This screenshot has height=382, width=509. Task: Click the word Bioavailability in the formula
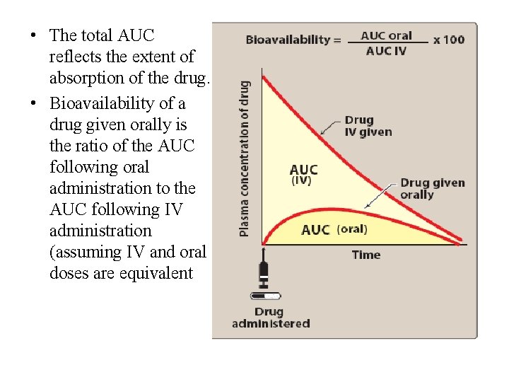point(288,40)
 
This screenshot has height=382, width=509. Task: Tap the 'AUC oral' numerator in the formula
point(386,35)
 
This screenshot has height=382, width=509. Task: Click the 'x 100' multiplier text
point(450,40)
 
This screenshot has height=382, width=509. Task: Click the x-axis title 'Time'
point(366,255)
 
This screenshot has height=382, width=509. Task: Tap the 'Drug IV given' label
point(368,126)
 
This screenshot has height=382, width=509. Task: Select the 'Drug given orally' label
point(432,188)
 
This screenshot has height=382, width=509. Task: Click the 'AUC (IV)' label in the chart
point(304,175)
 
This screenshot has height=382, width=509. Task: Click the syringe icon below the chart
point(265,272)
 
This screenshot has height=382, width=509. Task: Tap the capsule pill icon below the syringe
point(266,296)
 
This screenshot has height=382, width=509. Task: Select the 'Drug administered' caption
point(271,318)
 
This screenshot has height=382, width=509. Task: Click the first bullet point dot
point(33,35)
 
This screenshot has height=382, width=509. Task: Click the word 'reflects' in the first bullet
point(75,55)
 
